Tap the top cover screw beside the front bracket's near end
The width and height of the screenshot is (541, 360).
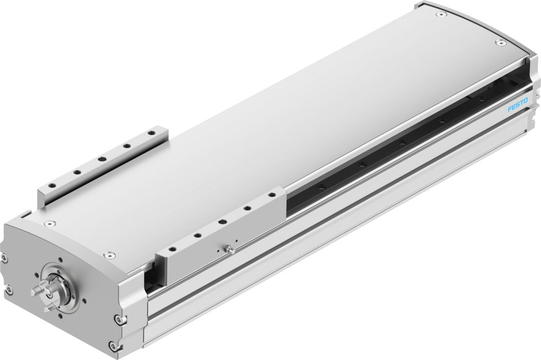tap(108, 255)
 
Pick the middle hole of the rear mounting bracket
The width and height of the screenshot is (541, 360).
tap(100, 159)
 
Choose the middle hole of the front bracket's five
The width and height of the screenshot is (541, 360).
tap(223, 222)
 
